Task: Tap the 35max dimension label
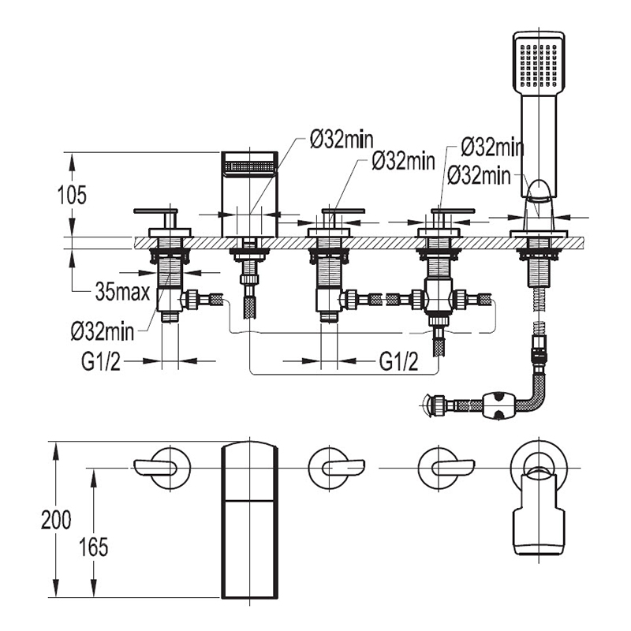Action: click(122, 293)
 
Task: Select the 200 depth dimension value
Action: click(56, 520)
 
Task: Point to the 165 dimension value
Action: click(93, 546)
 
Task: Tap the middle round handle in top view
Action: click(331, 467)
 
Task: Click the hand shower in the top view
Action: click(540, 513)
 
